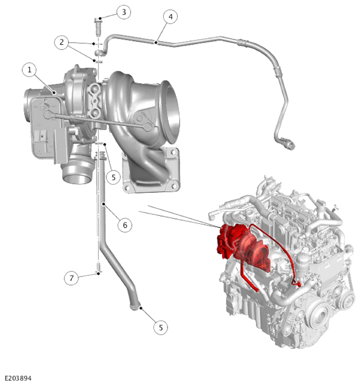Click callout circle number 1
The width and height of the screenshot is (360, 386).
pos(30,70)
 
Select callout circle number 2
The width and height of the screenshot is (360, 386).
pos(62,42)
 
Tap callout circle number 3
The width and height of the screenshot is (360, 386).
pos(123,12)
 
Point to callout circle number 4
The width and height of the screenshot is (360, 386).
pos(170,17)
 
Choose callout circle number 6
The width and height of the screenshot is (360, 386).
pos(125,225)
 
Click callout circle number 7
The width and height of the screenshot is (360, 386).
pos(72,278)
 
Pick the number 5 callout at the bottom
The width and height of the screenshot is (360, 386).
pos(161,327)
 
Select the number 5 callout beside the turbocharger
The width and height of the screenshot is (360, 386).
pos(114,177)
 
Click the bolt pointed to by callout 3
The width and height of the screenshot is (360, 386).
pos(98,26)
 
